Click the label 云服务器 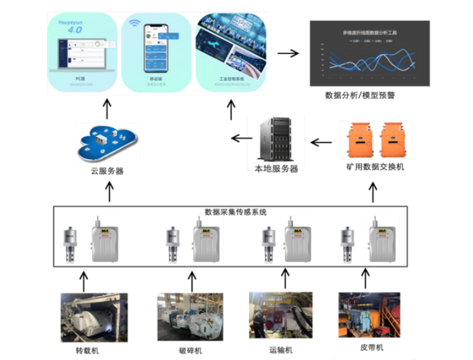click(106, 170)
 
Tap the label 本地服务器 click(276, 168)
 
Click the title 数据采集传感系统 click(236, 211)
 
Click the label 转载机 click(88, 350)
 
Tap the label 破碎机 click(190, 350)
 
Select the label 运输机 click(281, 350)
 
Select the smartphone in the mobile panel click(155, 51)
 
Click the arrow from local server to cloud click(240, 138)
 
